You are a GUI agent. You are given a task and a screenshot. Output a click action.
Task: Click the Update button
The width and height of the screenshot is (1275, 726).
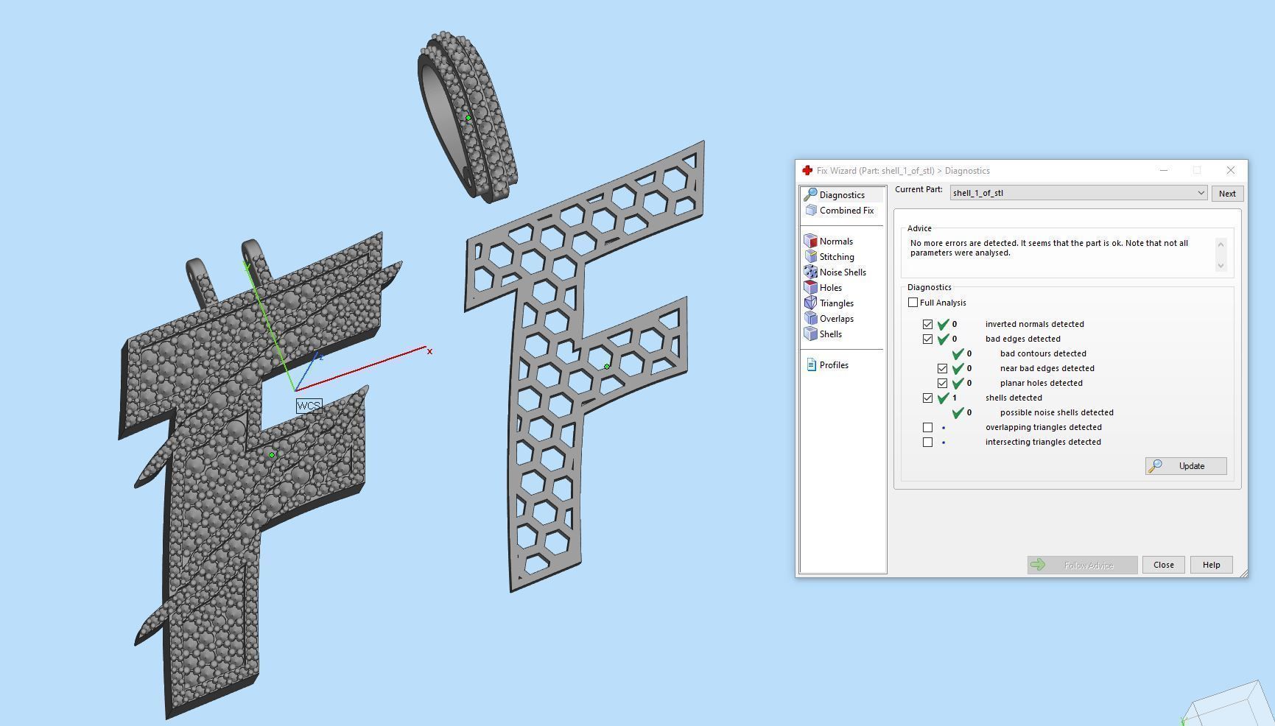click(x=1185, y=466)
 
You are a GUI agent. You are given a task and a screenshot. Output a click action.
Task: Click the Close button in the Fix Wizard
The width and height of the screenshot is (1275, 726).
click(x=1163, y=565)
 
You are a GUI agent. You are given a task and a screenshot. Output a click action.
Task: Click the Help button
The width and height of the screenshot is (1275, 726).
click(x=1211, y=565)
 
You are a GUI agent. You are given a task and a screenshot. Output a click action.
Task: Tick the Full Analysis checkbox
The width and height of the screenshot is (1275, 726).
click(x=913, y=303)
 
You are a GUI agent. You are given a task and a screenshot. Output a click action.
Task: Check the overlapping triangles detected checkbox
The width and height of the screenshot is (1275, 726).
click(x=927, y=427)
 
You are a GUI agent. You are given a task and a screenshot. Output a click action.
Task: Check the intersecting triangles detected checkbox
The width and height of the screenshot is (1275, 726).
click(x=927, y=442)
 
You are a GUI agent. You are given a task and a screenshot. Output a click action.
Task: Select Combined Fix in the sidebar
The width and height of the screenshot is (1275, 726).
click(x=846, y=211)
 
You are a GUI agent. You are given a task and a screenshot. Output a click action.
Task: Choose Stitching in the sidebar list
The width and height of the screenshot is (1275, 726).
click(x=836, y=257)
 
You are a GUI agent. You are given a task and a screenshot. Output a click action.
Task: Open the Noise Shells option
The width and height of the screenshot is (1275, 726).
click(x=842, y=272)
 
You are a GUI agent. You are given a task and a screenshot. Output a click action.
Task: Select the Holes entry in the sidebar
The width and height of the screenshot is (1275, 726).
click(x=830, y=288)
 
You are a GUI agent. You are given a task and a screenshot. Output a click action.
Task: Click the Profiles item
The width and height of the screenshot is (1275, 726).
click(x=833, y=365)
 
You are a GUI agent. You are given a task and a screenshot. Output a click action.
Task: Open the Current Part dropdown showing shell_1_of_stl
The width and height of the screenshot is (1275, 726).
click(x=1201, y=193)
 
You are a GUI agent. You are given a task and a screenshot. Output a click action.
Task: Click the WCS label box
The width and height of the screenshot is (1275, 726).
click(x=309, y=406)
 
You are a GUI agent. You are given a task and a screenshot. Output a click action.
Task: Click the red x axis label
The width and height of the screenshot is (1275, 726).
click(x=429, y=351)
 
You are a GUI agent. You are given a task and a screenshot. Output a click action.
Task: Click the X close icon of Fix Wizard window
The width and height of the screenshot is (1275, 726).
click(x=1230, y=170)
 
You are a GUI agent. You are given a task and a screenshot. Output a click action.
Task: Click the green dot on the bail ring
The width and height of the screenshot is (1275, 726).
click(x=468, y=118)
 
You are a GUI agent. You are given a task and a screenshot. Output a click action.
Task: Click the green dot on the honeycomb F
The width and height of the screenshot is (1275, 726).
click(x=607, y=366)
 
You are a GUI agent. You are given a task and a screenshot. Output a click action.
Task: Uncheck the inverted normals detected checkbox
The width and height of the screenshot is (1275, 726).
click(x=927, y=324)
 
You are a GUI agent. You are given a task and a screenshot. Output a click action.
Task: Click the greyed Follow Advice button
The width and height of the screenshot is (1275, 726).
click(x=1082, y=565)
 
